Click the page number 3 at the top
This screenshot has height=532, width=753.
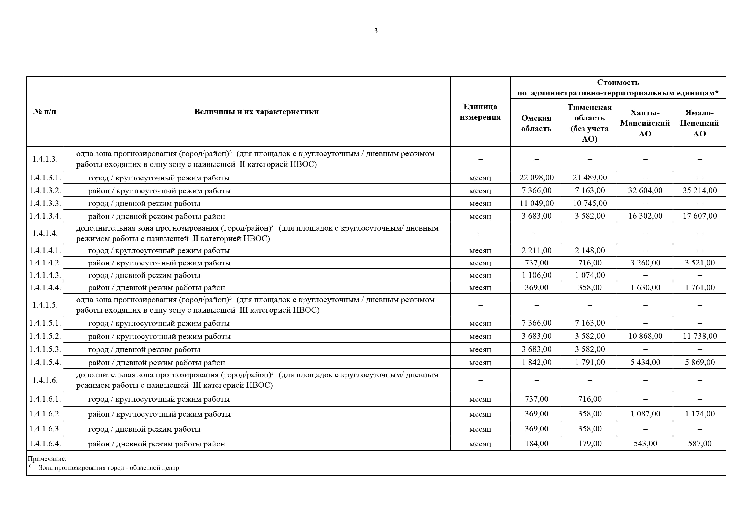[x=376, y=31]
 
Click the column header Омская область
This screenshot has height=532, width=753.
[x=536, y=123]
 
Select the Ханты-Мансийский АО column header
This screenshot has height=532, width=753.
[x=645, y=123]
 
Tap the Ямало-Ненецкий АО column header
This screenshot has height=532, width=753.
[x=699, y=123]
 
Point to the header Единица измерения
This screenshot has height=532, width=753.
[x=480, y=112]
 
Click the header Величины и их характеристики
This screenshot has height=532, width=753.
[x=257, y=112]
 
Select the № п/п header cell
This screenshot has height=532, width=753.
[x=45, y=112]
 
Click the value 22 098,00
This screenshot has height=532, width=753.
[x=536, y=178]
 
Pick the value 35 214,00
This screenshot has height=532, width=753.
[x=700, y=190]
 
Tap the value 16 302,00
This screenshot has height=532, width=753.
[x=645, y=216]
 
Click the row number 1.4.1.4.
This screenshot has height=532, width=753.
[x=45, y=233]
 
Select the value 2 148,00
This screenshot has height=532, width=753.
[x=590, y=251]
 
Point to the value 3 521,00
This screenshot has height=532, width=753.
[x=700, y=263]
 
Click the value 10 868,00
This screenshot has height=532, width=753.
[x=645, y=336]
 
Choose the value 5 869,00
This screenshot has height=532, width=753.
[x=700, y=362]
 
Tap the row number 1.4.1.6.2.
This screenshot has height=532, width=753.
[x=45, y=414]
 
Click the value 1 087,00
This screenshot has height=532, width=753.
[x=645, y=414]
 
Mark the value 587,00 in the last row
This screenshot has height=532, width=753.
[x=700, y=444]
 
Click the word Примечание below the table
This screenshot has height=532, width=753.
[x=47, y=459]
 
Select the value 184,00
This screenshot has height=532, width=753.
[x=536, y=444]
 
